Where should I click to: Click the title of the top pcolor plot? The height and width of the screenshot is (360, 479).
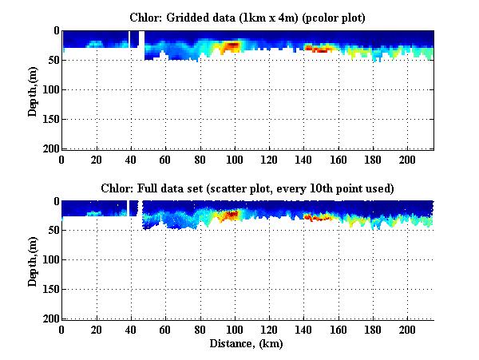[247, 17]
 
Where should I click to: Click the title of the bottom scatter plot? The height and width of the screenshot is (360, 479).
[247, 188]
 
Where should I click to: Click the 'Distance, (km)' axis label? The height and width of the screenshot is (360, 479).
[247, 344]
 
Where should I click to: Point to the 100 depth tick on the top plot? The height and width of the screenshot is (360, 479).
[49, 89]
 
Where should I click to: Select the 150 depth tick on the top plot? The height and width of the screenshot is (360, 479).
[49, 119]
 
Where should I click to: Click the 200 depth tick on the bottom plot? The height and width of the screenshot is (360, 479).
[49, 319]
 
